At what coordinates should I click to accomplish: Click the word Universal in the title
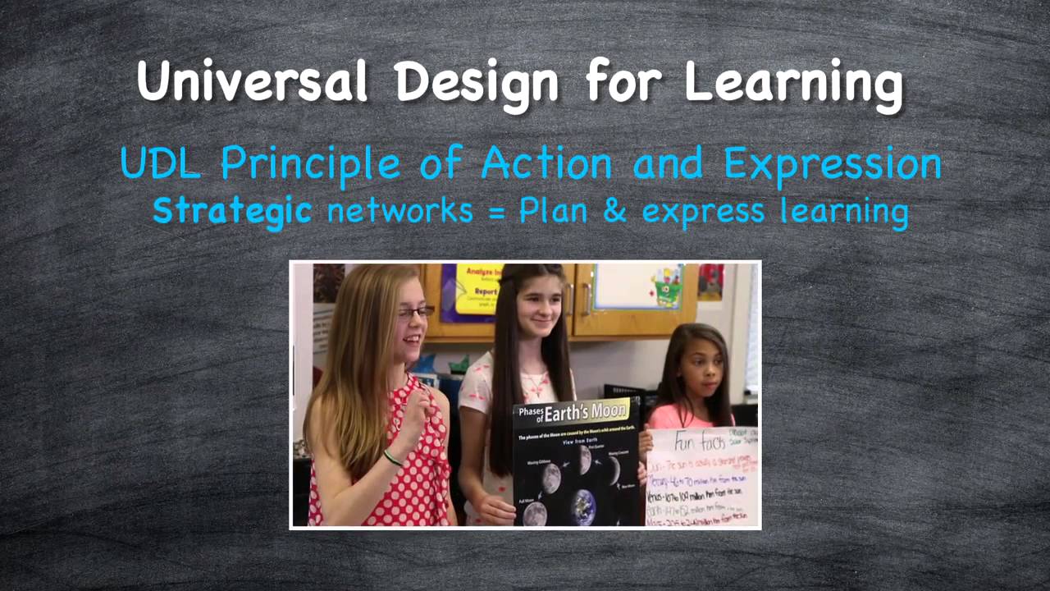coord(252,81)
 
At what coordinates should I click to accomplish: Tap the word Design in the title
coord(477,83)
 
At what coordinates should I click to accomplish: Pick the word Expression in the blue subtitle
coord(832,164)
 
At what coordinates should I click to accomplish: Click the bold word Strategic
coord(232,211)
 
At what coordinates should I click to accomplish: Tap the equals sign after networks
coord(495,212)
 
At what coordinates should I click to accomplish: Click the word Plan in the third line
coord(554,211)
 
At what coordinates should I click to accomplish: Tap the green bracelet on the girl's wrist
coord(393,457)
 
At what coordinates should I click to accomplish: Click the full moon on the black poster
coord(535,514)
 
